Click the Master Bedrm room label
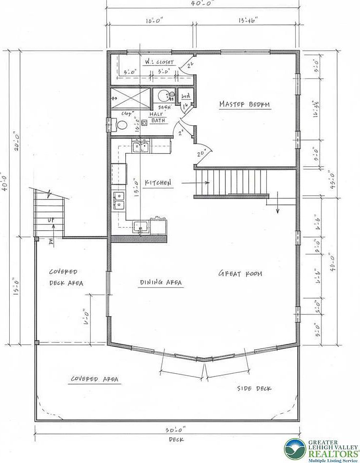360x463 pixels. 244,104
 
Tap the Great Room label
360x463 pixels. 240,274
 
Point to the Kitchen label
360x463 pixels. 158,183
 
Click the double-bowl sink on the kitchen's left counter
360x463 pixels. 119,200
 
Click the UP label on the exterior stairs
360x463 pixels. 50,220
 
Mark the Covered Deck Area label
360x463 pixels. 66,277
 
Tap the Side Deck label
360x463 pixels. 254,388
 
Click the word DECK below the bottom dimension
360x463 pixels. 176,440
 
